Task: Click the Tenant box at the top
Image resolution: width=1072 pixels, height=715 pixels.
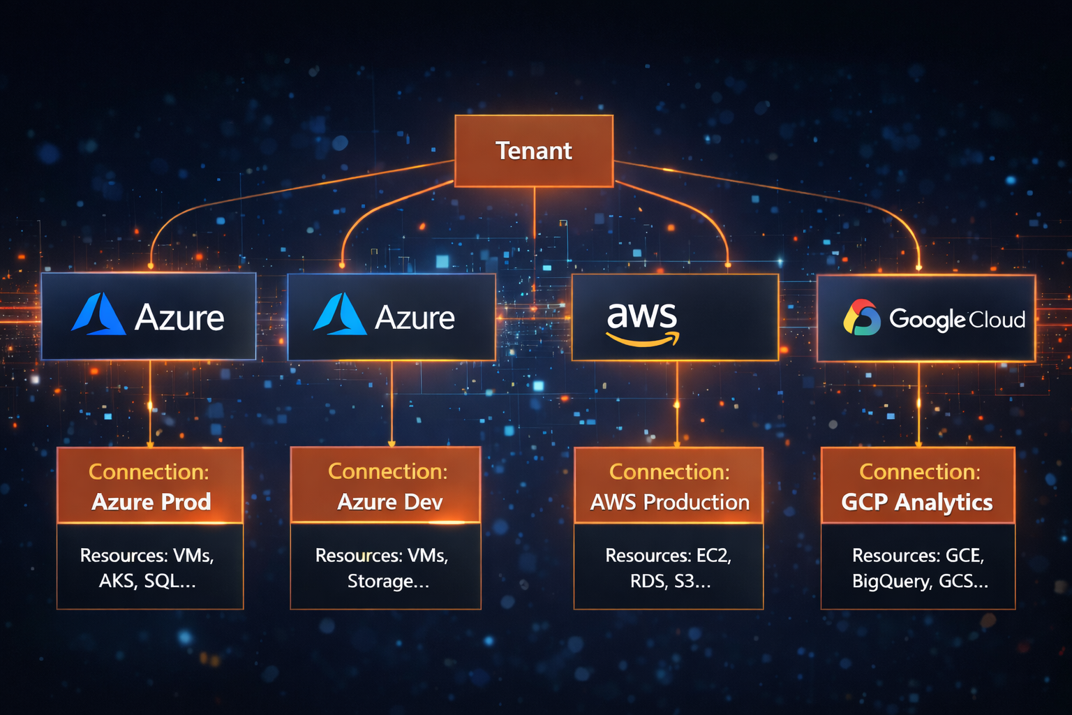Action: coord(534,151)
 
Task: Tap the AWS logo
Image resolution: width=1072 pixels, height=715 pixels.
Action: coord(642,323)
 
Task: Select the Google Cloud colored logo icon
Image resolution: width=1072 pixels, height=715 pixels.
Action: coord(862,318)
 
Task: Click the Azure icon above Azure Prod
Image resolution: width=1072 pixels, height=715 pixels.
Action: coord(98,315)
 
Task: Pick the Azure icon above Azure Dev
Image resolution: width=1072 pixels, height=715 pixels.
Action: coord(340,315)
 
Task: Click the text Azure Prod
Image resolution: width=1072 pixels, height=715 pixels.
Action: coord(151,502)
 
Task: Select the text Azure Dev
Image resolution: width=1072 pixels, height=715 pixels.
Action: coord(389,502)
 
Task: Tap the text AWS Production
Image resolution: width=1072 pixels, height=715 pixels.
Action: coord(669,502)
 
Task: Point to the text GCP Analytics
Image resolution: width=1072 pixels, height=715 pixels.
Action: coord(917,502)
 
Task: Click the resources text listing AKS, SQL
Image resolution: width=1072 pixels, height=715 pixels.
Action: coord(147,568)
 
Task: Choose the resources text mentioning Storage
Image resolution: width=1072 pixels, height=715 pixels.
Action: coord(382,568)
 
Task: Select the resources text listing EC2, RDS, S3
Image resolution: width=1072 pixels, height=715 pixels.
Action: coord(669,568)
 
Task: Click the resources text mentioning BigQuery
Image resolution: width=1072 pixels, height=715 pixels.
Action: coord(918,568)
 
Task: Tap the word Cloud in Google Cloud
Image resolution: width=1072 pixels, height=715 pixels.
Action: coord(997,320)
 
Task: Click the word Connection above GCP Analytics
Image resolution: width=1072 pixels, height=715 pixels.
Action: coord(919,472)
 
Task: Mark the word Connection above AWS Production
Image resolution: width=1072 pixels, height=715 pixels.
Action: coord(669,472)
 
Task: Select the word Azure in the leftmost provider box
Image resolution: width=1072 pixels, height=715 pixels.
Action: coord(179,318)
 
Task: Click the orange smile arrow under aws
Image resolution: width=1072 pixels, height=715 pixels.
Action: coord(643,340)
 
